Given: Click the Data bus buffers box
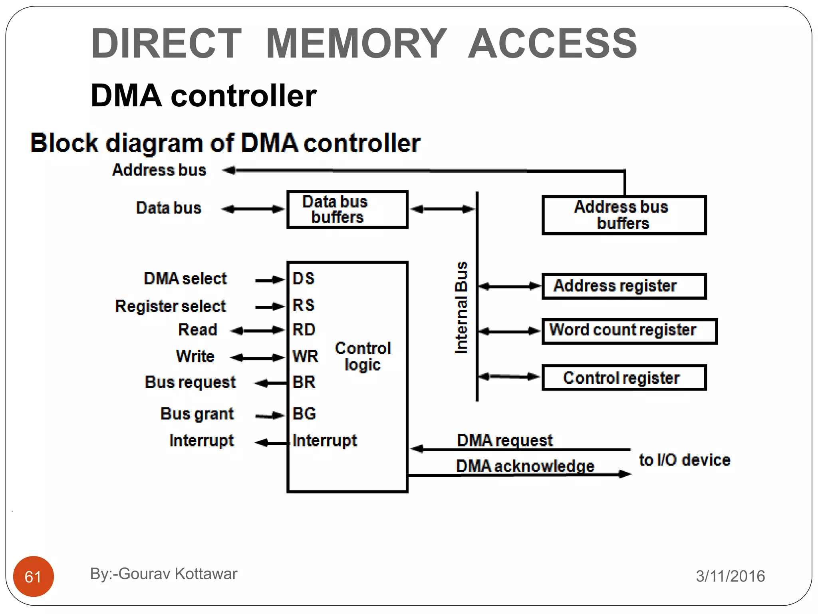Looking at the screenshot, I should [347, 209].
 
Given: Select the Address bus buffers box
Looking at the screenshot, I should [624, 215].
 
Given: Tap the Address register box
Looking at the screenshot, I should [624, 286].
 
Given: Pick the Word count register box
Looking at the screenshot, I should [629, 331].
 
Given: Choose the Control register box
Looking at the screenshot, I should [624, 377].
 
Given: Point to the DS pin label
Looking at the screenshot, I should [304, 279].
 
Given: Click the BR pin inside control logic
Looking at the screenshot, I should [304, 382].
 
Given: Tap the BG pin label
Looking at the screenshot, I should [304, 414].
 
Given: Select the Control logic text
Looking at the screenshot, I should [363, 356].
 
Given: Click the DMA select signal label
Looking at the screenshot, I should [185, 279].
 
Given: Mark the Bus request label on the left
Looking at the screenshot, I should [190, 382].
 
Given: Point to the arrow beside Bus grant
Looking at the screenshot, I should [270, 416].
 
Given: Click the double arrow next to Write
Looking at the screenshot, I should [258, 357].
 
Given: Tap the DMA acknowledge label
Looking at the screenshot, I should [525, 466].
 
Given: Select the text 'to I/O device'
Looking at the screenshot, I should [684, 460].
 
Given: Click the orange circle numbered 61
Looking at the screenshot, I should [33, 576].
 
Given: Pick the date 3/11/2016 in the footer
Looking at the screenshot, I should [730, 576].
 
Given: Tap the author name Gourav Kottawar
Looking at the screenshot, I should [178, 574].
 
